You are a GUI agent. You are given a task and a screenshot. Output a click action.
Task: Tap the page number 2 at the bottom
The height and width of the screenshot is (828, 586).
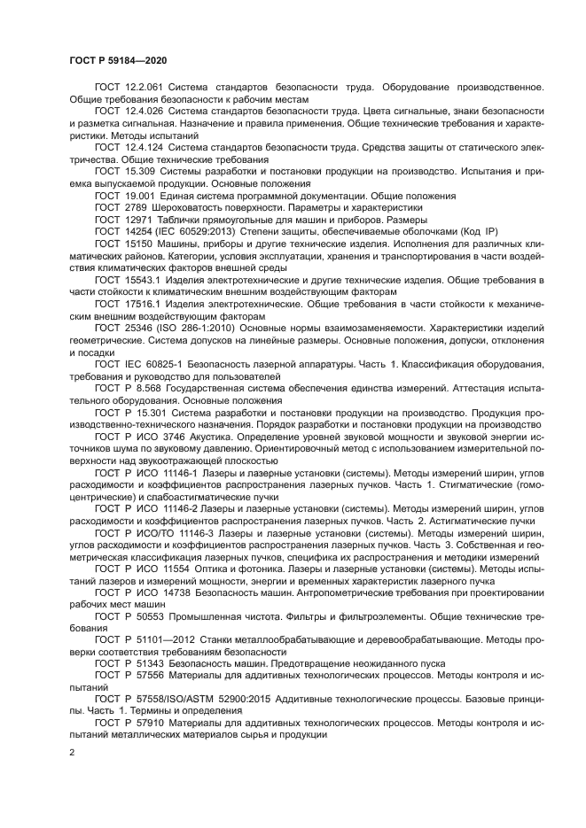point(72,751)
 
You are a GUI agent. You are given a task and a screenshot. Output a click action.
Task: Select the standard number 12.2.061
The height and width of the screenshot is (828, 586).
point(142,89)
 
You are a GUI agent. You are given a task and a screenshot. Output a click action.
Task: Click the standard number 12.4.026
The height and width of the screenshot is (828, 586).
point(143,111)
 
